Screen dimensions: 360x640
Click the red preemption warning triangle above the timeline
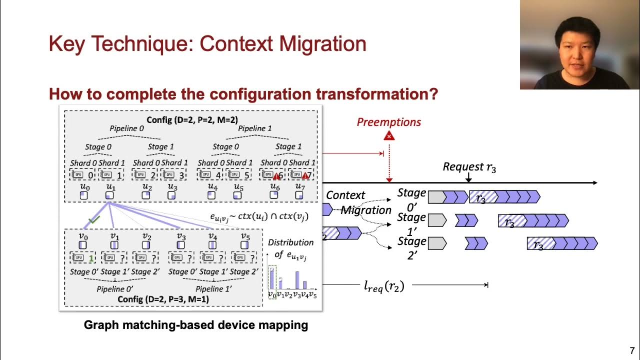coord(389,135)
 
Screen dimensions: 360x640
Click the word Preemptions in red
coord(388,122)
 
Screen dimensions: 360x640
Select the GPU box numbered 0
coord(83,175)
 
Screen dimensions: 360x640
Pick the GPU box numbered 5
coord(237,175)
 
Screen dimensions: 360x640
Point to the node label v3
coord(180,236)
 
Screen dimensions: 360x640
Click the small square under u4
coord(212,195)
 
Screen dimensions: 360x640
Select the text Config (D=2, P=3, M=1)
coord(163,299)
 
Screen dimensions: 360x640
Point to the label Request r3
coord(469,167)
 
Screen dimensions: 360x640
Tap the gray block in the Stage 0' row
coord(436,196)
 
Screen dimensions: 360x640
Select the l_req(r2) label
coord(383,286)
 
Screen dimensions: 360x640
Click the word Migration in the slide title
coord(323,44)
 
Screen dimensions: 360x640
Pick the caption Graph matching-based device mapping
coord(195,325)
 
